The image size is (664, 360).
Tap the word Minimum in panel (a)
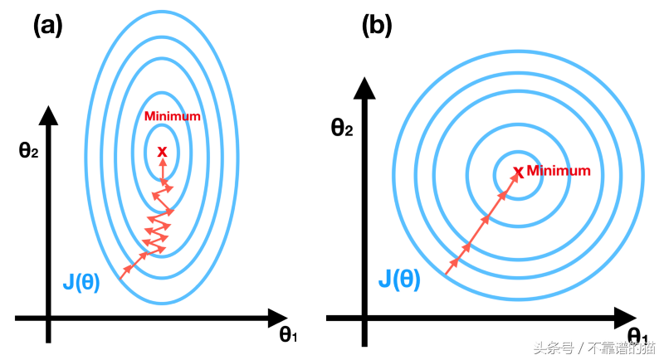click(x=172, y=116)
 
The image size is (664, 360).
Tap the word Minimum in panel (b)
click(x=559, y=170)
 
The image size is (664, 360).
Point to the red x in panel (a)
click(x=162, y=151)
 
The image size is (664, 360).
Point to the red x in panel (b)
click(x=519, y=172)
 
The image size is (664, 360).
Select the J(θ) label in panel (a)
click(x=81, y=282)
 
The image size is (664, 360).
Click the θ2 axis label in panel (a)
click(x=30, y=151)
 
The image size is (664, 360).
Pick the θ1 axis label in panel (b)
click(x=637, y=335)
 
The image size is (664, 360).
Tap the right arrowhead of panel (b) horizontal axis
click(x=624, y=317)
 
